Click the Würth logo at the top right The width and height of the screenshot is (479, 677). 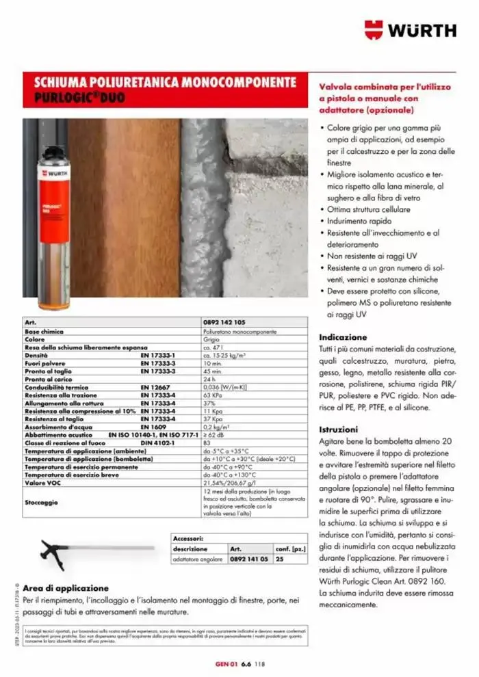(410, 31)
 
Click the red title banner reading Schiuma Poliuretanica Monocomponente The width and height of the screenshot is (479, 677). (166, 90)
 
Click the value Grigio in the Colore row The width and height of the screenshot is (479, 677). (211, 338)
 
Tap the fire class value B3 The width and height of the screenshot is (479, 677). (207, 442)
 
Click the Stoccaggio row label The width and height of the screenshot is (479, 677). (41, 502)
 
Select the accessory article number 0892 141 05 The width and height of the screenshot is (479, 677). (248, 559)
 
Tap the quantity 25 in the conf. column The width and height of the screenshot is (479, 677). (279, 559)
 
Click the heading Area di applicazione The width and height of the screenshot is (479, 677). (66, 587)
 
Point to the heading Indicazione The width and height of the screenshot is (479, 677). (344, 337)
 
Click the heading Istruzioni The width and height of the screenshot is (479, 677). (339, 429)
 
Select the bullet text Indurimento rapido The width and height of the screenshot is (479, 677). (359, 221)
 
